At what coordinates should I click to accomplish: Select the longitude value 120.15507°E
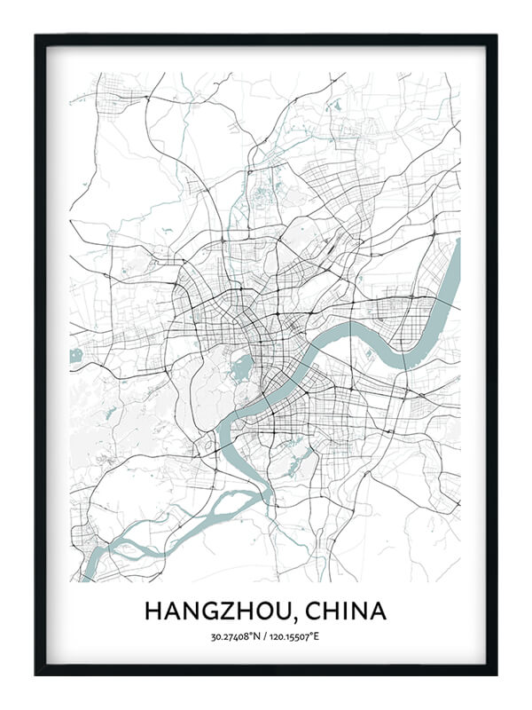click(297, 636)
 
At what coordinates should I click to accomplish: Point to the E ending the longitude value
click(321, 636)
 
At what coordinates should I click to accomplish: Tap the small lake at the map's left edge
click(75, 356)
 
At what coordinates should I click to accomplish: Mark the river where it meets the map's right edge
click(455, 266)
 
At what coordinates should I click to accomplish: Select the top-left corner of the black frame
click(37, 37)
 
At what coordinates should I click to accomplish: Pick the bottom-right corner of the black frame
click(495, 674)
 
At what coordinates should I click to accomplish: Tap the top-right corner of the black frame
click(495, 37)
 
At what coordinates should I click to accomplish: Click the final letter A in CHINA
click(379, 611)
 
